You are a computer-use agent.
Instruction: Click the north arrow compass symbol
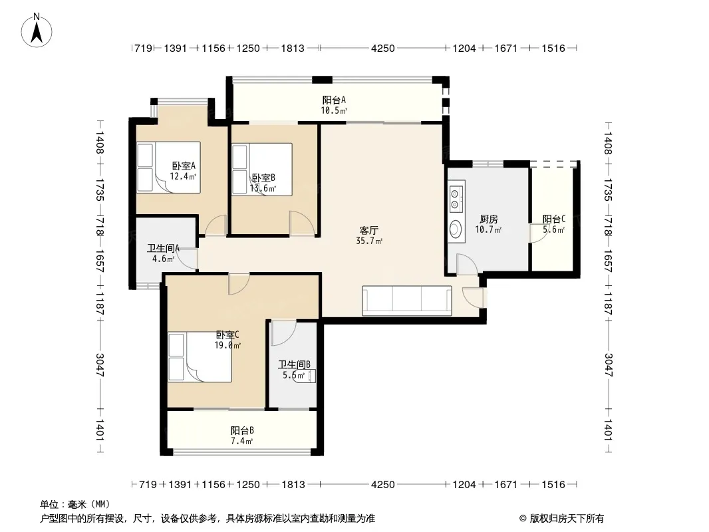point(37,31)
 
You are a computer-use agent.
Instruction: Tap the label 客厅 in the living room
point(369,231)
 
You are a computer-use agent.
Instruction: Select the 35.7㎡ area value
point(369,241)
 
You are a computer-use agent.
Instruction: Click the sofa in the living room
point(407,301)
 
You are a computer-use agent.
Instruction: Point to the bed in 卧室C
point(200,357)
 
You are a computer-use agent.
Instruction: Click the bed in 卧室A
point(169,167)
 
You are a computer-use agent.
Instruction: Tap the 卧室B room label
point(263,178)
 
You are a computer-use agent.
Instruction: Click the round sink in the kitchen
point(456,229)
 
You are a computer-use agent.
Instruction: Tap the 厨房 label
point(488,219)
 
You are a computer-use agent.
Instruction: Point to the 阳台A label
point(334,100)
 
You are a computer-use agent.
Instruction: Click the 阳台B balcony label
point(242,430)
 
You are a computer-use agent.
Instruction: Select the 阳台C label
point(554,219)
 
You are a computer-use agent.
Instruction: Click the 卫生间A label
point(163,248)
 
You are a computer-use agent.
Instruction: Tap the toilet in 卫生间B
point(305,376)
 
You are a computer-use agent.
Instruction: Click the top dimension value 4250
point(382,48)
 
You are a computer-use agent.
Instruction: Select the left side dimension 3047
point(100,365)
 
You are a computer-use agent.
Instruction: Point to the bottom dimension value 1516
point(553,485)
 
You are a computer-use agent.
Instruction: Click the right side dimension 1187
point(608,304)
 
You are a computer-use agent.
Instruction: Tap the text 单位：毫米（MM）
point(75,505)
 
